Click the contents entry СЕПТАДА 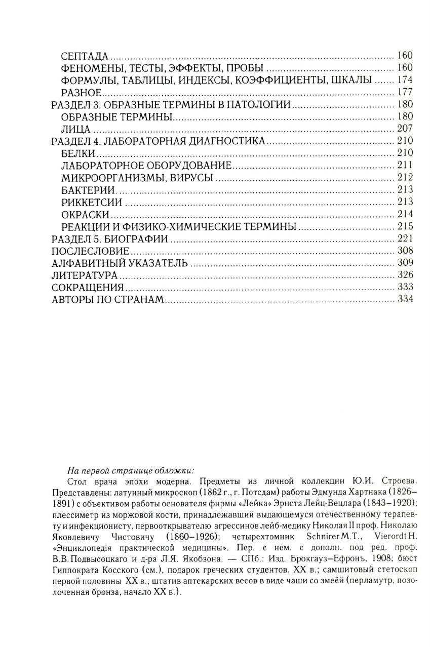pyautogui.click(x=84, y=56)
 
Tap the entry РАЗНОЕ pyautogui.click(x=82, y=92)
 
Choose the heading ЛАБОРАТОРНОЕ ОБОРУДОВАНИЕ pyautogui.click(x=146, y=165)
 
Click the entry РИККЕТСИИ pyautogui.click(x=91, y=201)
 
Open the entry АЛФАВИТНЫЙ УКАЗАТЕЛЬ pyautogui.click(x=120, y=263)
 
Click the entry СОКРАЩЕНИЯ pyautogui.click(x=88, y=287)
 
